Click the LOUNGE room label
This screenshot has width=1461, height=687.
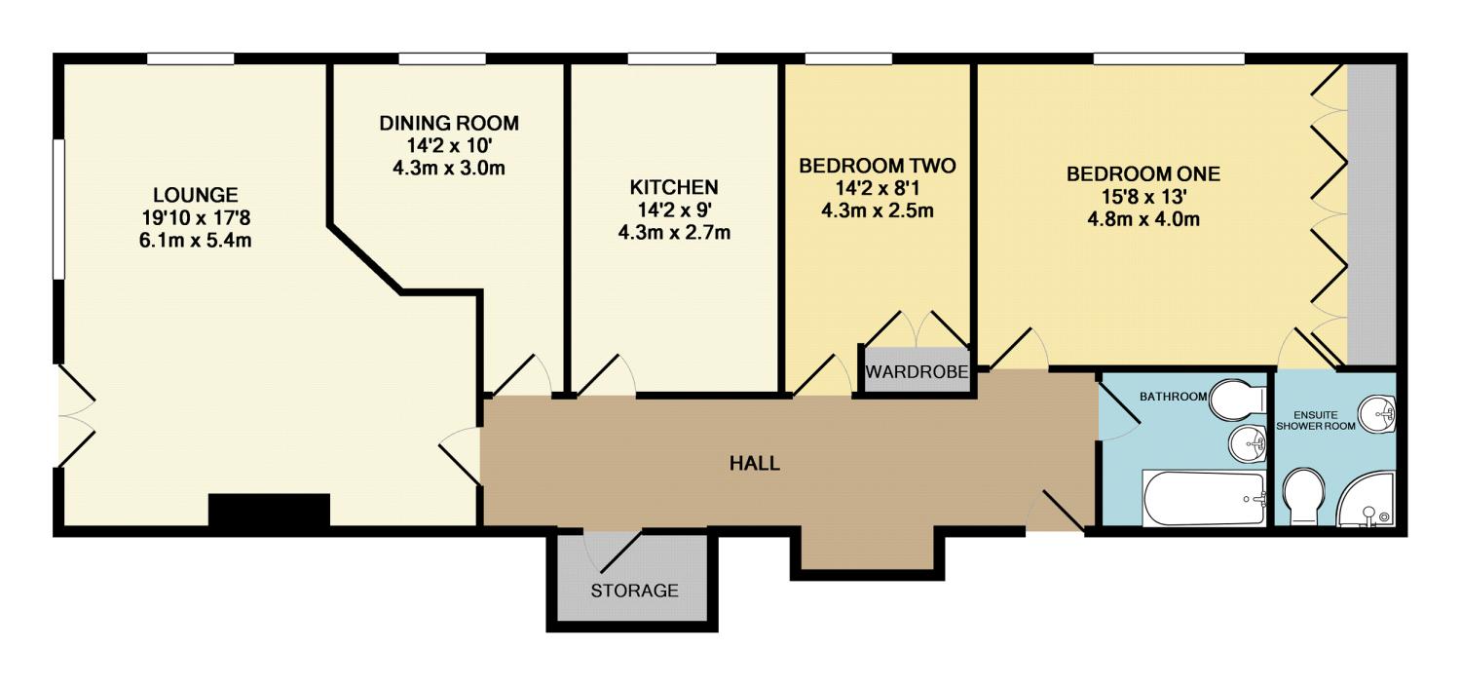pos(195,195)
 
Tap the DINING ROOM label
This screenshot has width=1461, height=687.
pos(449,123)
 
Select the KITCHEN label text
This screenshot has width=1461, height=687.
pos(674,187)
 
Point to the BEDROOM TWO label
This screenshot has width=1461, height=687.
pos(878,166)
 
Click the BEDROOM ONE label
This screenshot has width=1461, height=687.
pos(1143,173)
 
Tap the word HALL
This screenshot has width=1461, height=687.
pos(754,463)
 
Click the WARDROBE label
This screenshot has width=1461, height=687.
pos(917,372)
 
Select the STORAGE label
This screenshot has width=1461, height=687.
pos(634,591)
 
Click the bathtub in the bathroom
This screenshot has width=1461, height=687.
pos(1204,499)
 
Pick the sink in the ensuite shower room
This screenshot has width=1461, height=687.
pos(1377,413)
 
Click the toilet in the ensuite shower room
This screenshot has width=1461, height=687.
pos(1304,496)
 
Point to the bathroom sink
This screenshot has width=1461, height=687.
pos(1247,445)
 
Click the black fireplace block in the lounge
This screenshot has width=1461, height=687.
pos(269,510)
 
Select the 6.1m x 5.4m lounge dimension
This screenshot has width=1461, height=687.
pos(195,240)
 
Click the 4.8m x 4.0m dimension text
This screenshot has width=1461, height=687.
pos(1143,219)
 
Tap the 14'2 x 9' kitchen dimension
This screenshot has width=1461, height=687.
pos(674,210)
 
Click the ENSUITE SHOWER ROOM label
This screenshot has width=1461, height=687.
pos(1316,420)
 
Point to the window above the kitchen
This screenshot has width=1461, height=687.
pos(672,59)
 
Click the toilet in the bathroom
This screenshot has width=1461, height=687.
pos(1237,398)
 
